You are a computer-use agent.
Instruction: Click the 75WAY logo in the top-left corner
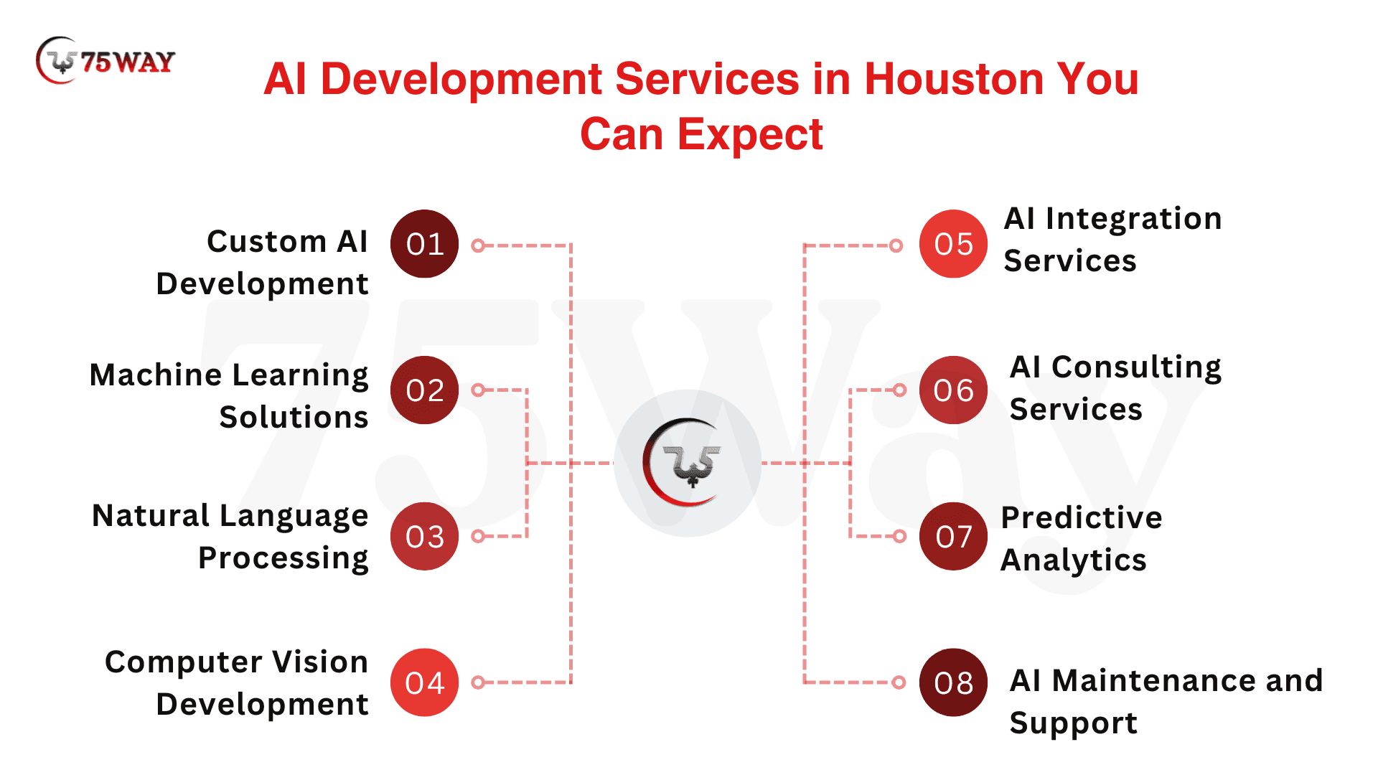coord(105,60)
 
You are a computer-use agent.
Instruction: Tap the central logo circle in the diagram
coord(688,463)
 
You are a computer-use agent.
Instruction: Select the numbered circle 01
coord(424,244)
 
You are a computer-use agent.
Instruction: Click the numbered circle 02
coord(424,390)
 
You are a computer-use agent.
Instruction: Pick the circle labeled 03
coord(424,536)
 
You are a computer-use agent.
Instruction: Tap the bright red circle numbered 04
coord(424,682)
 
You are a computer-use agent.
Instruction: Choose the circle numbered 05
coord(953,244)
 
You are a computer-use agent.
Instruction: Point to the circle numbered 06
coord(953,390)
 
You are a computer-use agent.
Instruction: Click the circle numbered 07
coord(953,536)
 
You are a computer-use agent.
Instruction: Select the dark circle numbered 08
coord(953,682)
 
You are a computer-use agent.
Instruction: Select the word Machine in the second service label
coord(156,375)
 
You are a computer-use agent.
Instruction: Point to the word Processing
coord(283,559)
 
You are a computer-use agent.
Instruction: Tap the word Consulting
coord(1137,368)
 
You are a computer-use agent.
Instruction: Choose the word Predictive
coord(1082,517)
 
